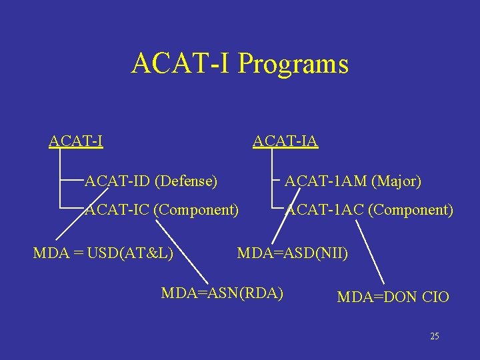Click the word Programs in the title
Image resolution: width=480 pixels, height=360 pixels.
pos(293,65)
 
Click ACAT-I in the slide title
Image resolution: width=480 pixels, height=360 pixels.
pos(182,64)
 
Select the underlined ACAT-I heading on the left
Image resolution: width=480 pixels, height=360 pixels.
pos(75,141)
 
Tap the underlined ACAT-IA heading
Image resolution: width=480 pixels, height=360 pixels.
pos(285,141)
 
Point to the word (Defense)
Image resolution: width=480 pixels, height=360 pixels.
pos(186,180)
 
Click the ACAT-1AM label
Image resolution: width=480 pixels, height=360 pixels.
pos(326,180)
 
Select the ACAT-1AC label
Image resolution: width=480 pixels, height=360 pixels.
pos(325,210)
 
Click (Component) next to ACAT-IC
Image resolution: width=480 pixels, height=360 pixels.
pos(196,210)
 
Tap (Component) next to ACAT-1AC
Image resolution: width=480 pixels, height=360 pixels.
pos(410,210)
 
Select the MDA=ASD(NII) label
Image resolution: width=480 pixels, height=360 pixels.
pos(293,253)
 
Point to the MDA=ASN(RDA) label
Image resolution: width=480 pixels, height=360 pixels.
pos(222,293)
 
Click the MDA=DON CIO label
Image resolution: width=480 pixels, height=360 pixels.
pos(393,297)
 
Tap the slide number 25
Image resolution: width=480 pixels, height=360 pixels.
pos(434,336)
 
